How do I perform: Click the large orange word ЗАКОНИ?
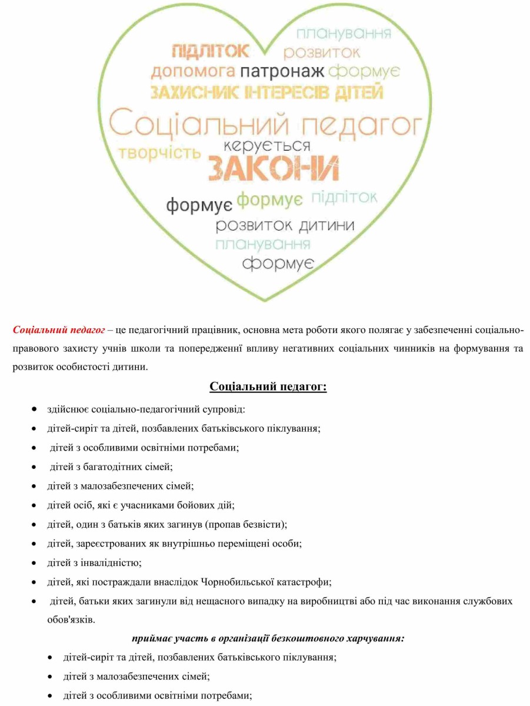pos(274,169)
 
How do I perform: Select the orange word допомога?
pos(193,72)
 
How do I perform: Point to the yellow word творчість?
pos(159,153)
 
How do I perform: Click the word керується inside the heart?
pos(267,145)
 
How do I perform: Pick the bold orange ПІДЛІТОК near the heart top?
pos(211,51)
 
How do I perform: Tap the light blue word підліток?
pos(344,198)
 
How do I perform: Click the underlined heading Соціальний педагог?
pos(268,387)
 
